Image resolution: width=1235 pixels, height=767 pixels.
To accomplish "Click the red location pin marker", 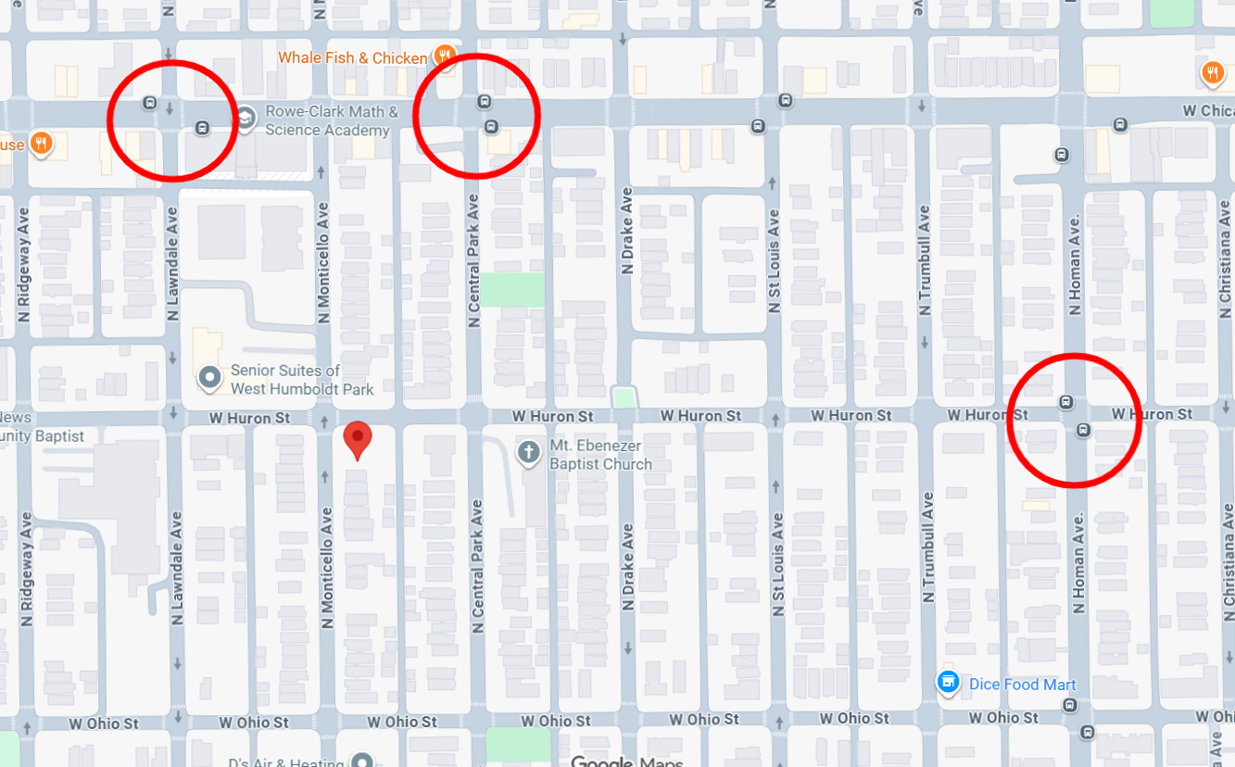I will [358, 439].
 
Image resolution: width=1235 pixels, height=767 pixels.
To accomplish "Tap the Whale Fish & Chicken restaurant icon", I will [445, 57].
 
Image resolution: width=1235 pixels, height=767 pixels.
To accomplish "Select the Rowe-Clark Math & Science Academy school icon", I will [245, 120].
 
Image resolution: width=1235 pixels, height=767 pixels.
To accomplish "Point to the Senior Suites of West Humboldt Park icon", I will [210, 378].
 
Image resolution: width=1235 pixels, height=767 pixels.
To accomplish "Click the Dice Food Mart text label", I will [1022, 685].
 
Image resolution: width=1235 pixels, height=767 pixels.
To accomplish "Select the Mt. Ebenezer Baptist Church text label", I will [600, 455].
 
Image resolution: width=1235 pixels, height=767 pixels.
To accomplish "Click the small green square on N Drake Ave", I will [625, 398].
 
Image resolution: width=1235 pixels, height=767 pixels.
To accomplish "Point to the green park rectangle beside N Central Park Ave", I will [511, 290].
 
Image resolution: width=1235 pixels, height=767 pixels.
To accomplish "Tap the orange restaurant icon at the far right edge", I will [1213, 72].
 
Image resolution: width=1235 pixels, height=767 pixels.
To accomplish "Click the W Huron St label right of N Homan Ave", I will [1152, 414].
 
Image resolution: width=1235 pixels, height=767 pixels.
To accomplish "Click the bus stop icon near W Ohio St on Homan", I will [1071, 705].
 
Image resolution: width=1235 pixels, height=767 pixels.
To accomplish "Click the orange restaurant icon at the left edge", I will [40, 144].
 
